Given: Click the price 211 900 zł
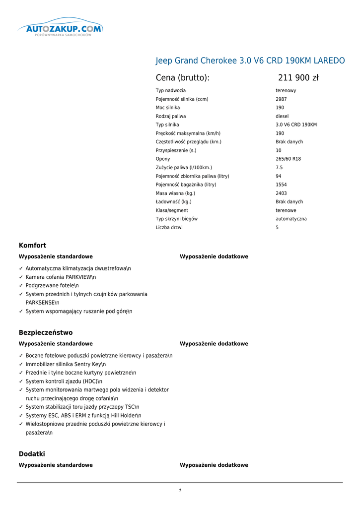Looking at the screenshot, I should pos(298,77).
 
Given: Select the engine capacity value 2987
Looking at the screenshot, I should pos(281,99).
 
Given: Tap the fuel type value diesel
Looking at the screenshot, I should pos(282,116).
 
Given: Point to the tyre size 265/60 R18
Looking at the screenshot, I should pos(288,159).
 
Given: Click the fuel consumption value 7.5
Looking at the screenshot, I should pos(279,168).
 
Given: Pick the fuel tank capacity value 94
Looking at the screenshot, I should pos(279,176).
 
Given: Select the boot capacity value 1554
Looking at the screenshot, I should pos(281,185).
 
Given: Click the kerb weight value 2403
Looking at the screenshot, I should pos(281,193).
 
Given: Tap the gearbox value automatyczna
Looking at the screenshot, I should pos(291,219).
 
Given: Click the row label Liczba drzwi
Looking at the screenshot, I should pos(169,227).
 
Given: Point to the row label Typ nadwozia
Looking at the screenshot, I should pos(170,91).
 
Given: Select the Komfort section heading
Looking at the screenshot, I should pos(32,245).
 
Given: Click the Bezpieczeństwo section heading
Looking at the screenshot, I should pos(46,332).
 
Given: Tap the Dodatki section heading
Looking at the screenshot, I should pos(32,453).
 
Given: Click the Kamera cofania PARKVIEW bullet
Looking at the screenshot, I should pos(61,277).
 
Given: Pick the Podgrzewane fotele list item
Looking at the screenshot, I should pos(52,286).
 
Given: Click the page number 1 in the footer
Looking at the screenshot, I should pos(180,491).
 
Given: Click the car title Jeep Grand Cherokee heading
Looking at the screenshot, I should pos(250,61).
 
